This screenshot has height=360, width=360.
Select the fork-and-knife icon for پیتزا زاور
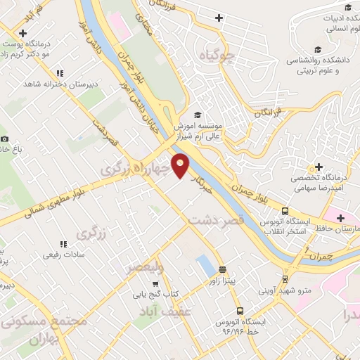point(222,269)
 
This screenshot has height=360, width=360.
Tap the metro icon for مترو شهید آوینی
point(285,278)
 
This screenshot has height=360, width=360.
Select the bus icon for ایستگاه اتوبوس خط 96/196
point(240,310)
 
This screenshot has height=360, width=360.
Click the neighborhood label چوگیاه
point(215,56)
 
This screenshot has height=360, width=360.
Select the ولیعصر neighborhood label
point(146,267)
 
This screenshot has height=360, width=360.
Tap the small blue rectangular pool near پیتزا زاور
point(206,265)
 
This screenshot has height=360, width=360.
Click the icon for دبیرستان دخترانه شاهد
point(60,72)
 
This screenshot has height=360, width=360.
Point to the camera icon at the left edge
point(5,139)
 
